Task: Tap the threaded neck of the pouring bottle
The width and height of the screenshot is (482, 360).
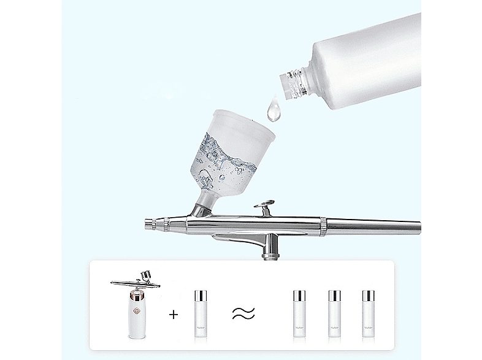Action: pyautogui.click(x=293, y=84)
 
